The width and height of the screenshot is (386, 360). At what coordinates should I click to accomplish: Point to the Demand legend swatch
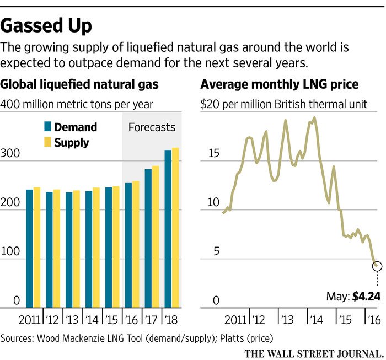(x=47, y=127)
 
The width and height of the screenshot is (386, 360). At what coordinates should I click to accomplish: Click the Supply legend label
(x=72, y=143)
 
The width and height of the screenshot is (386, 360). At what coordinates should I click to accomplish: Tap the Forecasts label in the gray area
(x=152, y=127)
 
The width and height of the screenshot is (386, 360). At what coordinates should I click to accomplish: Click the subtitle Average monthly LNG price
(x=280, y=85)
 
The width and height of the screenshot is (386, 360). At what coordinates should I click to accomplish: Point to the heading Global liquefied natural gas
(x=80, y=85)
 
